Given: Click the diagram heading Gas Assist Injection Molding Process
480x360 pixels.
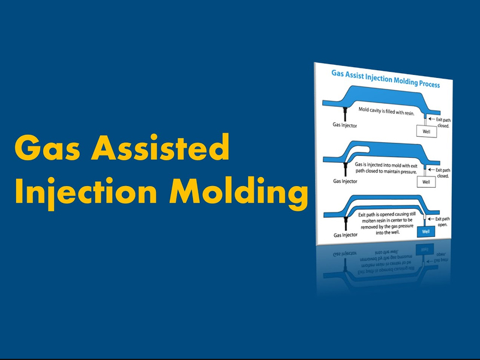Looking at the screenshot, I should [386, 79].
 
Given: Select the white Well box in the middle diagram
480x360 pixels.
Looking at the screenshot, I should [426, 182].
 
